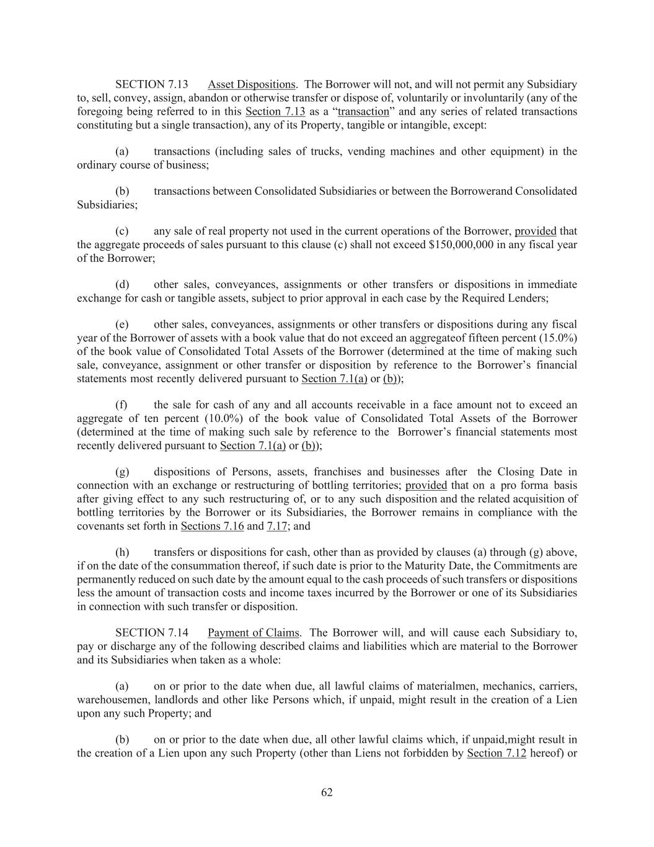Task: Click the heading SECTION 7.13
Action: pyautogui.click(x=151, y=84)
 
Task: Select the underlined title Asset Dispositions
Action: pyautogui.click(x=252, y=84)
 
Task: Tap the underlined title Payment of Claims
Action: pyautogui.click(x=254, y=633)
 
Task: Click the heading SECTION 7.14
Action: pyautogui.click(x=151, y=633)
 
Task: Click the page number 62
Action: pyautogui.click(x=327, y=792)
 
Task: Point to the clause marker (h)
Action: pyautogui.click(x=122, y=552)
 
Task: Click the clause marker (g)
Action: pyautogui.click(x=122, y=472)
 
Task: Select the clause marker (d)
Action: pyautogui.click(x=122, y=285)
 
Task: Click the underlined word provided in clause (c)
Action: pyautogui.click(x=536, y=231)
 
